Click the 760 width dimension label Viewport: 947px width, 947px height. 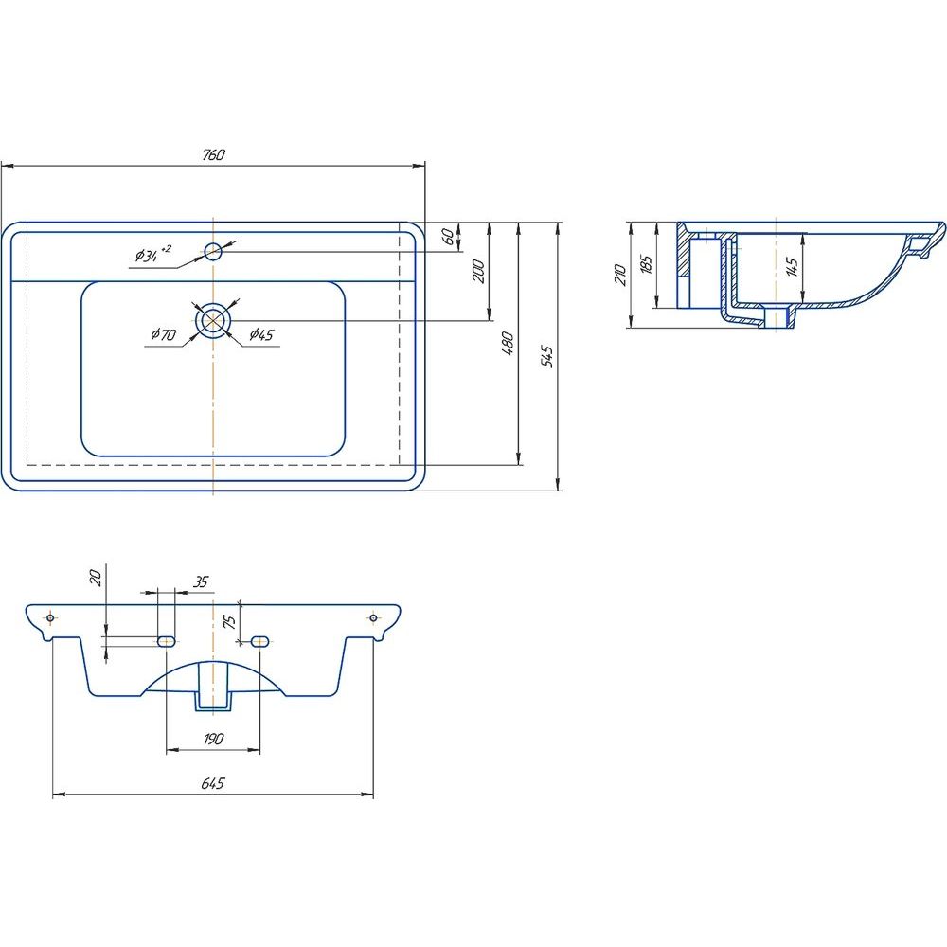coord(213,154)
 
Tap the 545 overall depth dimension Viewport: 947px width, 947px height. coord(547,356)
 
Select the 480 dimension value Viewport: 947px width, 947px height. coord(508,343)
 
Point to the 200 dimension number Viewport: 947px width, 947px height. coord(478,271)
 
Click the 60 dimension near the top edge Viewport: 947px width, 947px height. coord(448,236)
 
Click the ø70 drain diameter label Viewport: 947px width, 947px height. coord(163,334)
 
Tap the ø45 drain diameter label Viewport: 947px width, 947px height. coord(261,334)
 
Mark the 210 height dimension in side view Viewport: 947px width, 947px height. coord(620,275)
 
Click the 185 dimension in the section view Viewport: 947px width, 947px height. coord(646,264)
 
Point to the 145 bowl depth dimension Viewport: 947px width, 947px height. coord(793,266)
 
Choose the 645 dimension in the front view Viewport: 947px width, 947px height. coord(212,783)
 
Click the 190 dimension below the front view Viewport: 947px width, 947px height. coord(213,739)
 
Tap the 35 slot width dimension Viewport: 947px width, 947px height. coord(201,581)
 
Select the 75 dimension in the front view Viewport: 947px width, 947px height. coord(229,621)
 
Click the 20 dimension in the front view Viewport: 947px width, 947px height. coord(96,578)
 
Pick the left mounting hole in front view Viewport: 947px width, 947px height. coord(51,617)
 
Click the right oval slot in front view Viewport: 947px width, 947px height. coord(260,641)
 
